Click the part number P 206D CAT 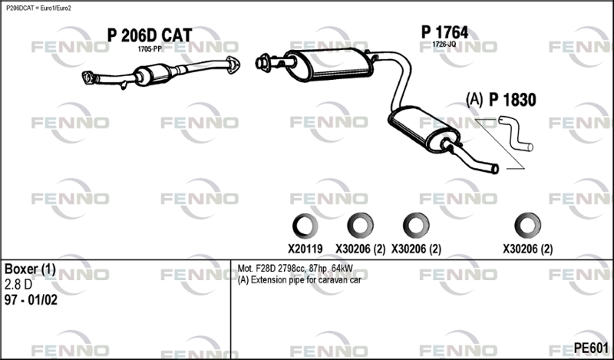point(150,35)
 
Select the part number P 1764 point(444,32)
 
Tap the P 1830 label point(512,101)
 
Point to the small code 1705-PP point(149,49)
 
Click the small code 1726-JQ point(444,45)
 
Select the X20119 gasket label point(305,249)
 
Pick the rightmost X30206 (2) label point(527,249)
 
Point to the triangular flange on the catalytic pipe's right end point(233,64)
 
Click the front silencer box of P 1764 point(329,65)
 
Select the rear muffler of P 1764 point(424,130)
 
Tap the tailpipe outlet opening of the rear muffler point(494,169)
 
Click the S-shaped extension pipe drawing point(516,134)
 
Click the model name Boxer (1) point(30,269)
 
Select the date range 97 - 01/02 point(31,300)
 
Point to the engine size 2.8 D point(18,285)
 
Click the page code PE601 point(591,348)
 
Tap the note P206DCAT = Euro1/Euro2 point(38,8)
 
